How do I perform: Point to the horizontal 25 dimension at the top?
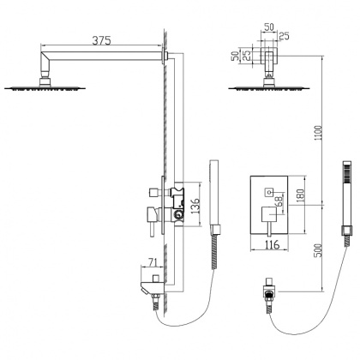[283, 35]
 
